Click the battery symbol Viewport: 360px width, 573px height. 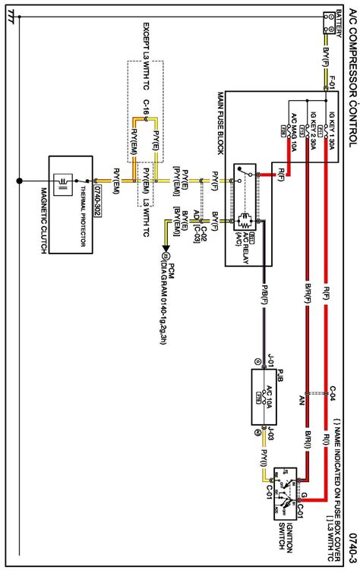tap(331, 22)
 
